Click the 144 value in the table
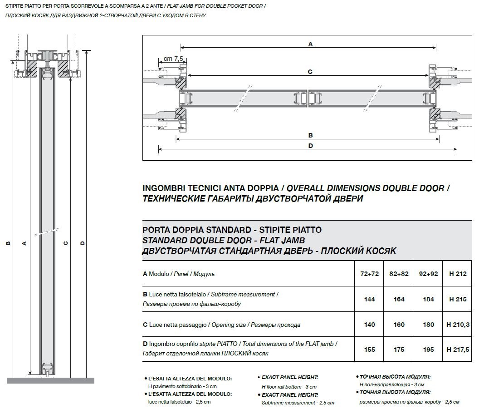[x=370, y=299]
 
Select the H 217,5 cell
[x=457, y=350]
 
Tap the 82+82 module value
[x=399, y=274]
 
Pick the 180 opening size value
[x=428, y=325]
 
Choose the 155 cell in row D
[x=370, y=350]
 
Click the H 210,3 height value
[x=457, y=325]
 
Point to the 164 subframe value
[x=399, y=299]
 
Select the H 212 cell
[x=457, y=274]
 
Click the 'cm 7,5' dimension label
[x=173, y=59]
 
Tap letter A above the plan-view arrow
[x=311, y=44]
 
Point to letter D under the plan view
[x=311, y=146]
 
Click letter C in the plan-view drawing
[x=310, y=71]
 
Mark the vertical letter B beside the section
[x=8, y=243]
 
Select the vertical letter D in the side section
[x=82, y=243]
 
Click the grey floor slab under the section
[x=50, y=380]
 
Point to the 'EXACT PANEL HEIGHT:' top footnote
[x=289, y=377]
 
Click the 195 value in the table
[x=428, y=350]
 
